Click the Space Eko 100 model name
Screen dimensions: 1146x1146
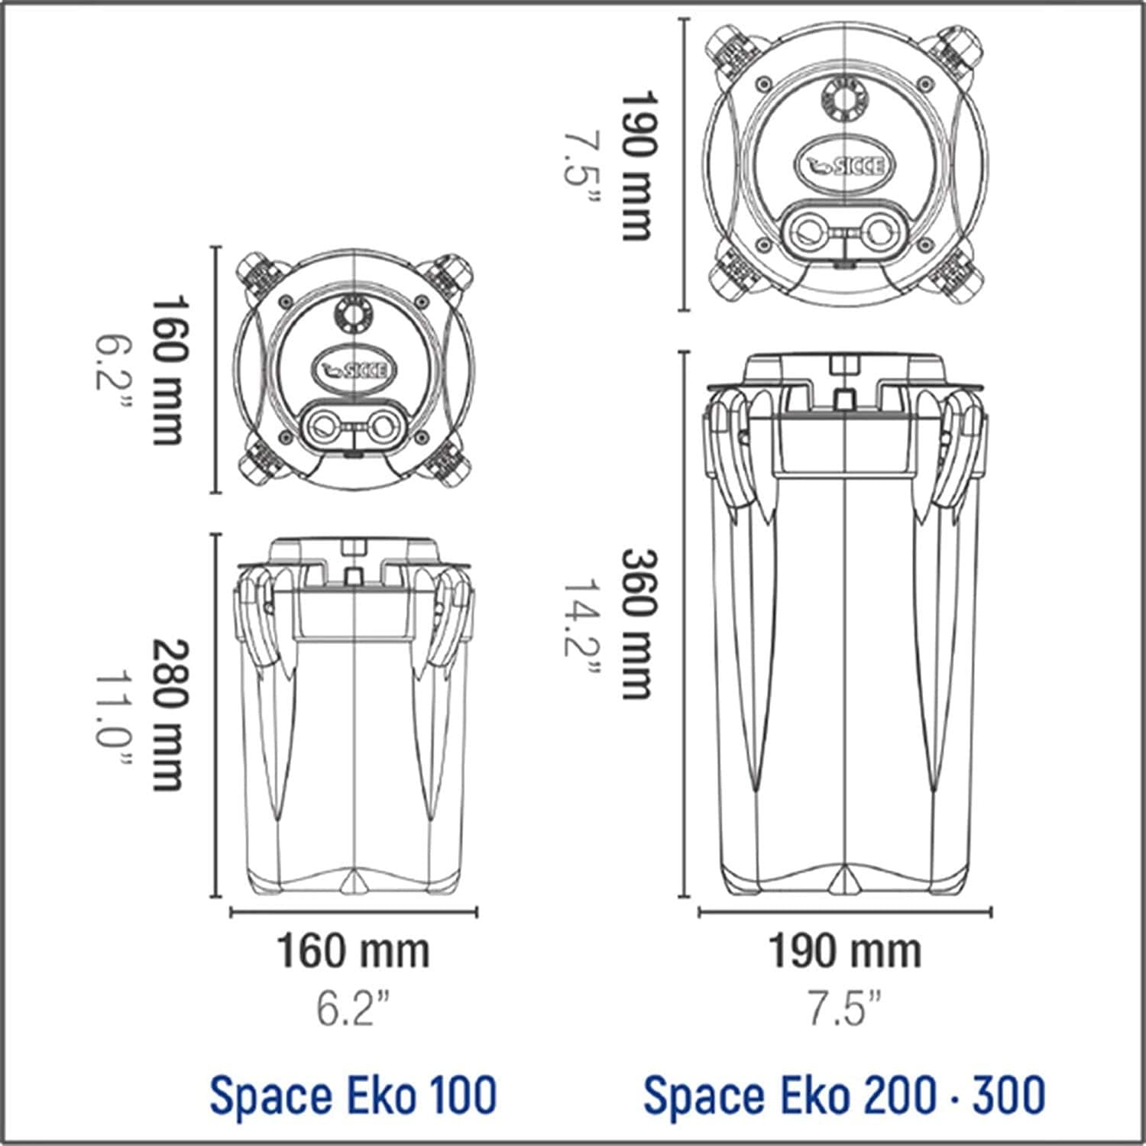(x=353, y=1095)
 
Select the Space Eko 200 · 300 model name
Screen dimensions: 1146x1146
(x=844, y=1095)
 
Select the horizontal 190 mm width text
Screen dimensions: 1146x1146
(x=844, y=952)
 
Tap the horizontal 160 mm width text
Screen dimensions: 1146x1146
(x=353, y=952)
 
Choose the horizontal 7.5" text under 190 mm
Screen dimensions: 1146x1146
(x=844, y=1008)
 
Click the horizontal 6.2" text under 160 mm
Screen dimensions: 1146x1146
(x=353, y=1008)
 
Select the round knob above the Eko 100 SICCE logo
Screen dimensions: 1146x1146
(x=354, y=314)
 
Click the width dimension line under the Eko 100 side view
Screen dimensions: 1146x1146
(x=353, y=911)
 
